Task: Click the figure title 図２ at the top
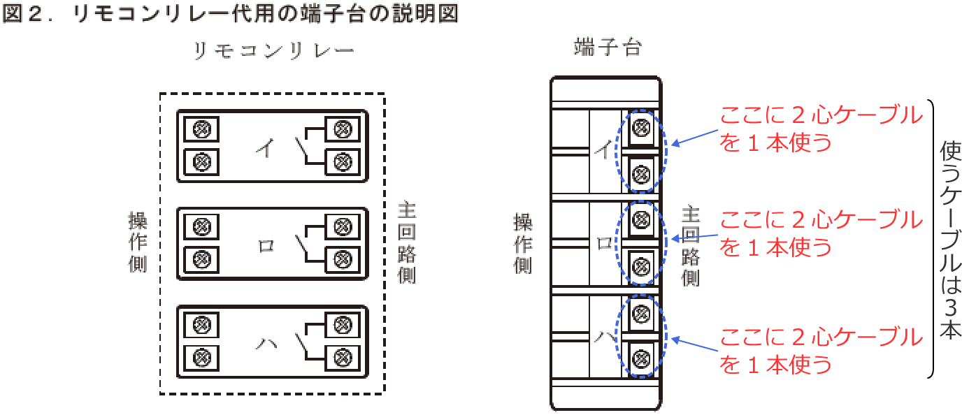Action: [31, 15]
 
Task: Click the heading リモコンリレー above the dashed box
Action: [273, 51]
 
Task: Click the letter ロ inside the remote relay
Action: [266, 246]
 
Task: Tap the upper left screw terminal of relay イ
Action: [201, 129]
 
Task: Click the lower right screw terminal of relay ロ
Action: [342, 259]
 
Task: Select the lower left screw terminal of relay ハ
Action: [201, 357]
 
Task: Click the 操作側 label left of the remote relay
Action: [137, 242]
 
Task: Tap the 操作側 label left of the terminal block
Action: [522, 243]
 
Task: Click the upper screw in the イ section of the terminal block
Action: [641, 127]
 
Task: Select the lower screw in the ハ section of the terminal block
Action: [641, 359]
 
